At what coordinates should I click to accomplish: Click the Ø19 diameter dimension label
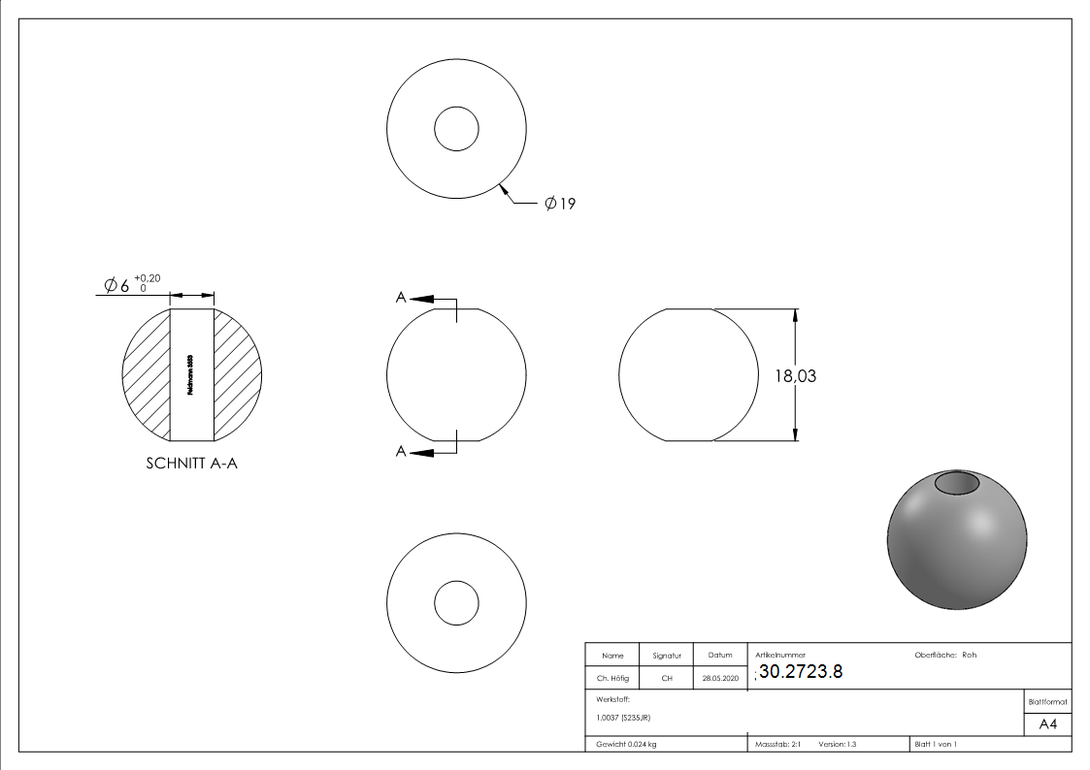tap(560, 204)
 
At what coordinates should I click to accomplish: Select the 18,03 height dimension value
tap(794, 376)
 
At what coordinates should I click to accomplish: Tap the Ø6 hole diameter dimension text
tap(116, 285)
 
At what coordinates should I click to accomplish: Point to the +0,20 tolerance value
tap(148, 278)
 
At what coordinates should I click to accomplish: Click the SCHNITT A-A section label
tap(191, 464)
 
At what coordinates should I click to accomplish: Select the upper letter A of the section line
tap(400, 298)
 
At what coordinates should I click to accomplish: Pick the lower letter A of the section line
tap(400, 451)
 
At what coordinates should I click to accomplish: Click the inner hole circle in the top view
tap(456, 129)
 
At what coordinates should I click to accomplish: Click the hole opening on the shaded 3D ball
tap(957, 483)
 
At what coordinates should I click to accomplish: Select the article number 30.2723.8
tap(801, 672)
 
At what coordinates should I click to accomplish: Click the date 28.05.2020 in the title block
tap(720, 679)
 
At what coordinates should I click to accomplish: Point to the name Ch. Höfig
tap(612, 679)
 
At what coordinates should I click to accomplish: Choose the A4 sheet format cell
tap(1047, 724)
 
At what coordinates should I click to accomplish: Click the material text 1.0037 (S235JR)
tap(623, 718)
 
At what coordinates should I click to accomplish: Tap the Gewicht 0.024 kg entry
tap(626, 744)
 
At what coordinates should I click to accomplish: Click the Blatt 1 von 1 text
tap(936, 744)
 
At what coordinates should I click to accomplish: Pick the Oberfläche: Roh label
tap(944, 656)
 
